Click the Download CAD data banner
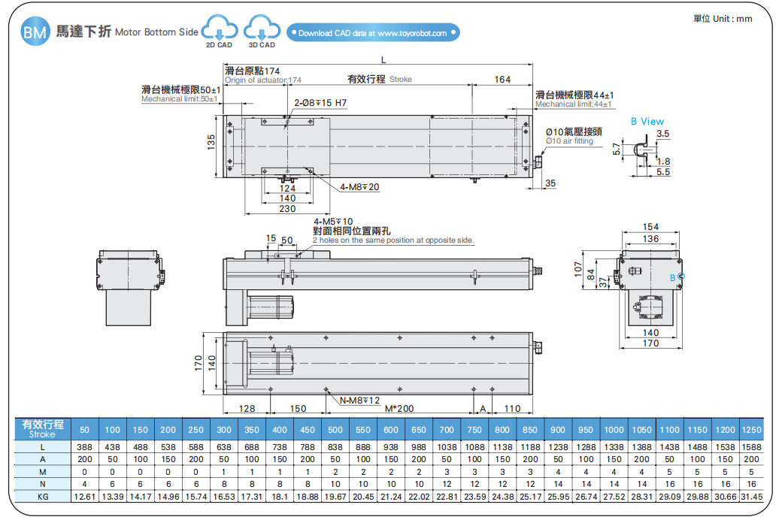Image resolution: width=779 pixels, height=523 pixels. pos(372,33)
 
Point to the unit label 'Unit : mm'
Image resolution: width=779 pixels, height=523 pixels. pos(722,19)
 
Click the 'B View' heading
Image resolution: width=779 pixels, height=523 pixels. pos(647,121)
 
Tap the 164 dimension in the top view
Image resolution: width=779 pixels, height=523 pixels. pos(502,80)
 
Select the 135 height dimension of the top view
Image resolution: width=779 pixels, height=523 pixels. pos(211,142)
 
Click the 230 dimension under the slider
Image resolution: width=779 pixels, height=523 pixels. pos(287,209)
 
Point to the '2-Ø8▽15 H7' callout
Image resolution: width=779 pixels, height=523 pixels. pos(320,103)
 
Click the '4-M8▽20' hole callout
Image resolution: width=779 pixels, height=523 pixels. pos(359,186)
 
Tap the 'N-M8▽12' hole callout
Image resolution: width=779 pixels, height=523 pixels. pos(359,401)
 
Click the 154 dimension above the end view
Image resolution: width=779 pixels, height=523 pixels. pos(650,227)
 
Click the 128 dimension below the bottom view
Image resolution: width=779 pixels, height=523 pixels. pos(247,409)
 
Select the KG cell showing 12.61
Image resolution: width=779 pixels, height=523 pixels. pos(84,497)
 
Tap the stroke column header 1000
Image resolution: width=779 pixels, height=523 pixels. pos(614,430)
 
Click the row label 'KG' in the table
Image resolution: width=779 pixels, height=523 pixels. pos(43,497)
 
